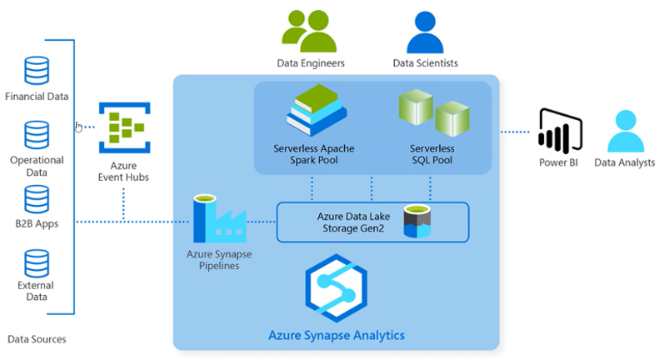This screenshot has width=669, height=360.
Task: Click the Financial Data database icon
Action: point(37,71)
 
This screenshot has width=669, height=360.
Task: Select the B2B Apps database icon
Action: point(37,199)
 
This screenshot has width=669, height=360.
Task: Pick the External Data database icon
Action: point(37,262)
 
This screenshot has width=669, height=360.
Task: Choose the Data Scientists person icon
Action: point(425,31)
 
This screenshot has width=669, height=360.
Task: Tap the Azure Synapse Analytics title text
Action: point(336,336)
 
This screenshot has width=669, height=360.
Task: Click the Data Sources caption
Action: point(37,339)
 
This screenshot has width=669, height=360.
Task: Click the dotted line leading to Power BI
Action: point(516,132)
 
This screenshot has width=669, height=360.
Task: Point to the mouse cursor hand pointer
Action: point(78,127)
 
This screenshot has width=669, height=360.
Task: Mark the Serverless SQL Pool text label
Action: point(432,154)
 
